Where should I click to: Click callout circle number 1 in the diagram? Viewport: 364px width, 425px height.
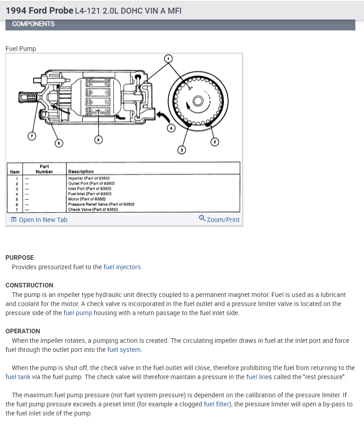point(168,59)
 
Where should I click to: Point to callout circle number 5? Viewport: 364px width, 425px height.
point(98,140)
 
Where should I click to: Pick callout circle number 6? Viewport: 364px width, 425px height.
point(58,143)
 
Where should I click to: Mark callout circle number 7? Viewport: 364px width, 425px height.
point(32,136)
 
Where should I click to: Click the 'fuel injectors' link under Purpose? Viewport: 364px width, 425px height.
point(123,267)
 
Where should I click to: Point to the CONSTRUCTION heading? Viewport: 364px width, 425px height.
point(29,285)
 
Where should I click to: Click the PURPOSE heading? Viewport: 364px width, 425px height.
point(20,257)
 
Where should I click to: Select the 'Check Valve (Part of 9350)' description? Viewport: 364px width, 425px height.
point(93,209)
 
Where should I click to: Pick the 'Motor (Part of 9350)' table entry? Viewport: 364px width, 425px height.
point(86,199)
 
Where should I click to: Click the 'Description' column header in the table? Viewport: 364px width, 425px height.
point(81,172)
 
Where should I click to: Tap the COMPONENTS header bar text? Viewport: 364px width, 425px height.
point(33,24)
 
